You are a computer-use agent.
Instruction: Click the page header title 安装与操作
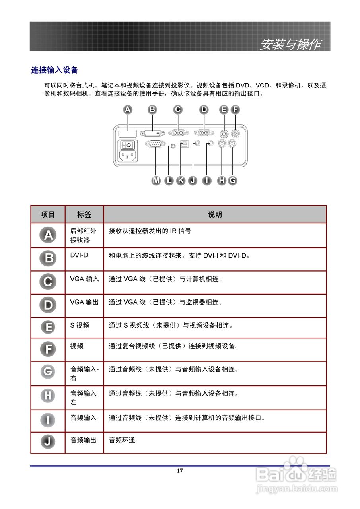click(x=290, y=44)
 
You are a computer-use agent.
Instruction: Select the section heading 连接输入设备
click(x=54, y=70)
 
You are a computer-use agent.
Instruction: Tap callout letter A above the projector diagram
click(x=128, y=109)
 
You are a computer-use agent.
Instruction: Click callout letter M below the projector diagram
click(x=156, y=181)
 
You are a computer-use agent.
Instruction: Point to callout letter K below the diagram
click(x=181, y=181)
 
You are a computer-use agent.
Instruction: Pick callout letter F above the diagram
click(x=235, y=109)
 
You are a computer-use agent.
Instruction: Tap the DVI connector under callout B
click(x=153, y=133)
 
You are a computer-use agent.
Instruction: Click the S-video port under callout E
click(x=224, y=134)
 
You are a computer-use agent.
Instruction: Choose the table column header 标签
click(x=84, y=215)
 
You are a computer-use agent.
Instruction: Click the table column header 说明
click(x=215, y=215)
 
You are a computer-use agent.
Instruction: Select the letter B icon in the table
click(x=48, y=258)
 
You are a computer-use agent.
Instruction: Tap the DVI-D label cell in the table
click(x=79, y=255)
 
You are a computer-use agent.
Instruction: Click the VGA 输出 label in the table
click(x=84, y=302)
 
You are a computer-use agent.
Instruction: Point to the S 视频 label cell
click(x=80, y=325)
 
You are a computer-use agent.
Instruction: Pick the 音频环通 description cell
click(x=122, y=440)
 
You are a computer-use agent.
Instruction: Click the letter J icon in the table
click(x=48, y=441)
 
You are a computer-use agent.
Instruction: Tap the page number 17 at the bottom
click(x=180, y=471)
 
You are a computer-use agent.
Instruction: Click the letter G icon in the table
click(x=48, y=372)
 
